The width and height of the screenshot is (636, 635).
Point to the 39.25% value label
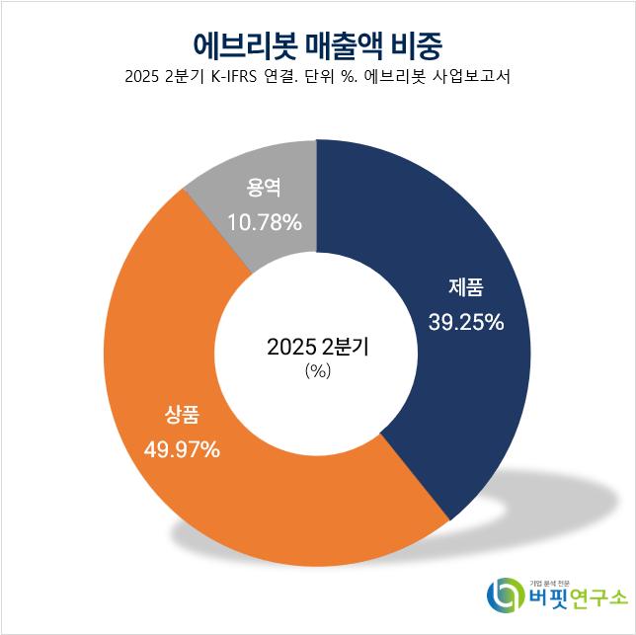coord(466,321)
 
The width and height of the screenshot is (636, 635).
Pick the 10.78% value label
coord(264,222)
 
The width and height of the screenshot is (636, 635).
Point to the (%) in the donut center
coord(317,371)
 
